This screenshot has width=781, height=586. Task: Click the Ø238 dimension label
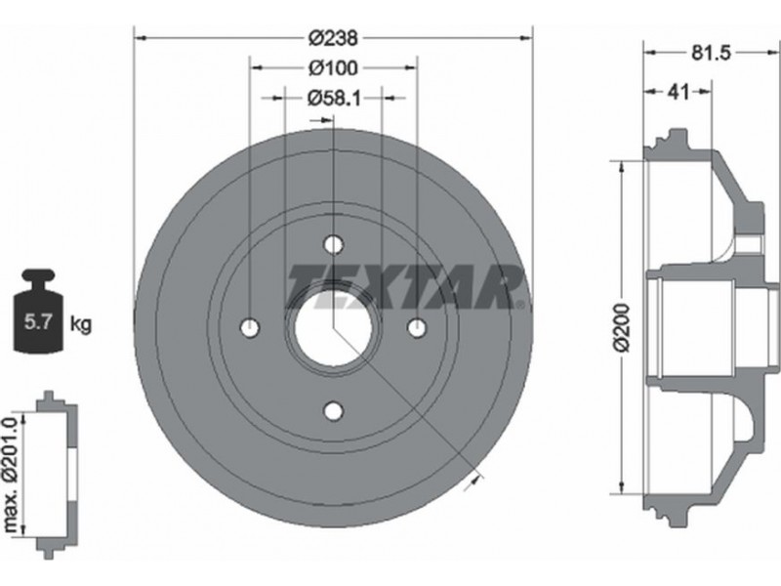pyautogui.click(x=333, y=38)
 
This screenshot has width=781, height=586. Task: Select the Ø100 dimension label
pyautogui.click(x=333, y=67)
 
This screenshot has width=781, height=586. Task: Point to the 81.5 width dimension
pyautogui.click(x=711, y=52)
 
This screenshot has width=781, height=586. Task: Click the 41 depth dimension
pyautogui.click(x=678, y=92)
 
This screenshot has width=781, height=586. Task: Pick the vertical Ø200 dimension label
pyautogui.click(x=622, y=327)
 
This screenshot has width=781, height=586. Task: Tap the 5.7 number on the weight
pyautogui.click(x=38, y=323)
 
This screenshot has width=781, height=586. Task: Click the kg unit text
pyautogui.click(x=81, y=324)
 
